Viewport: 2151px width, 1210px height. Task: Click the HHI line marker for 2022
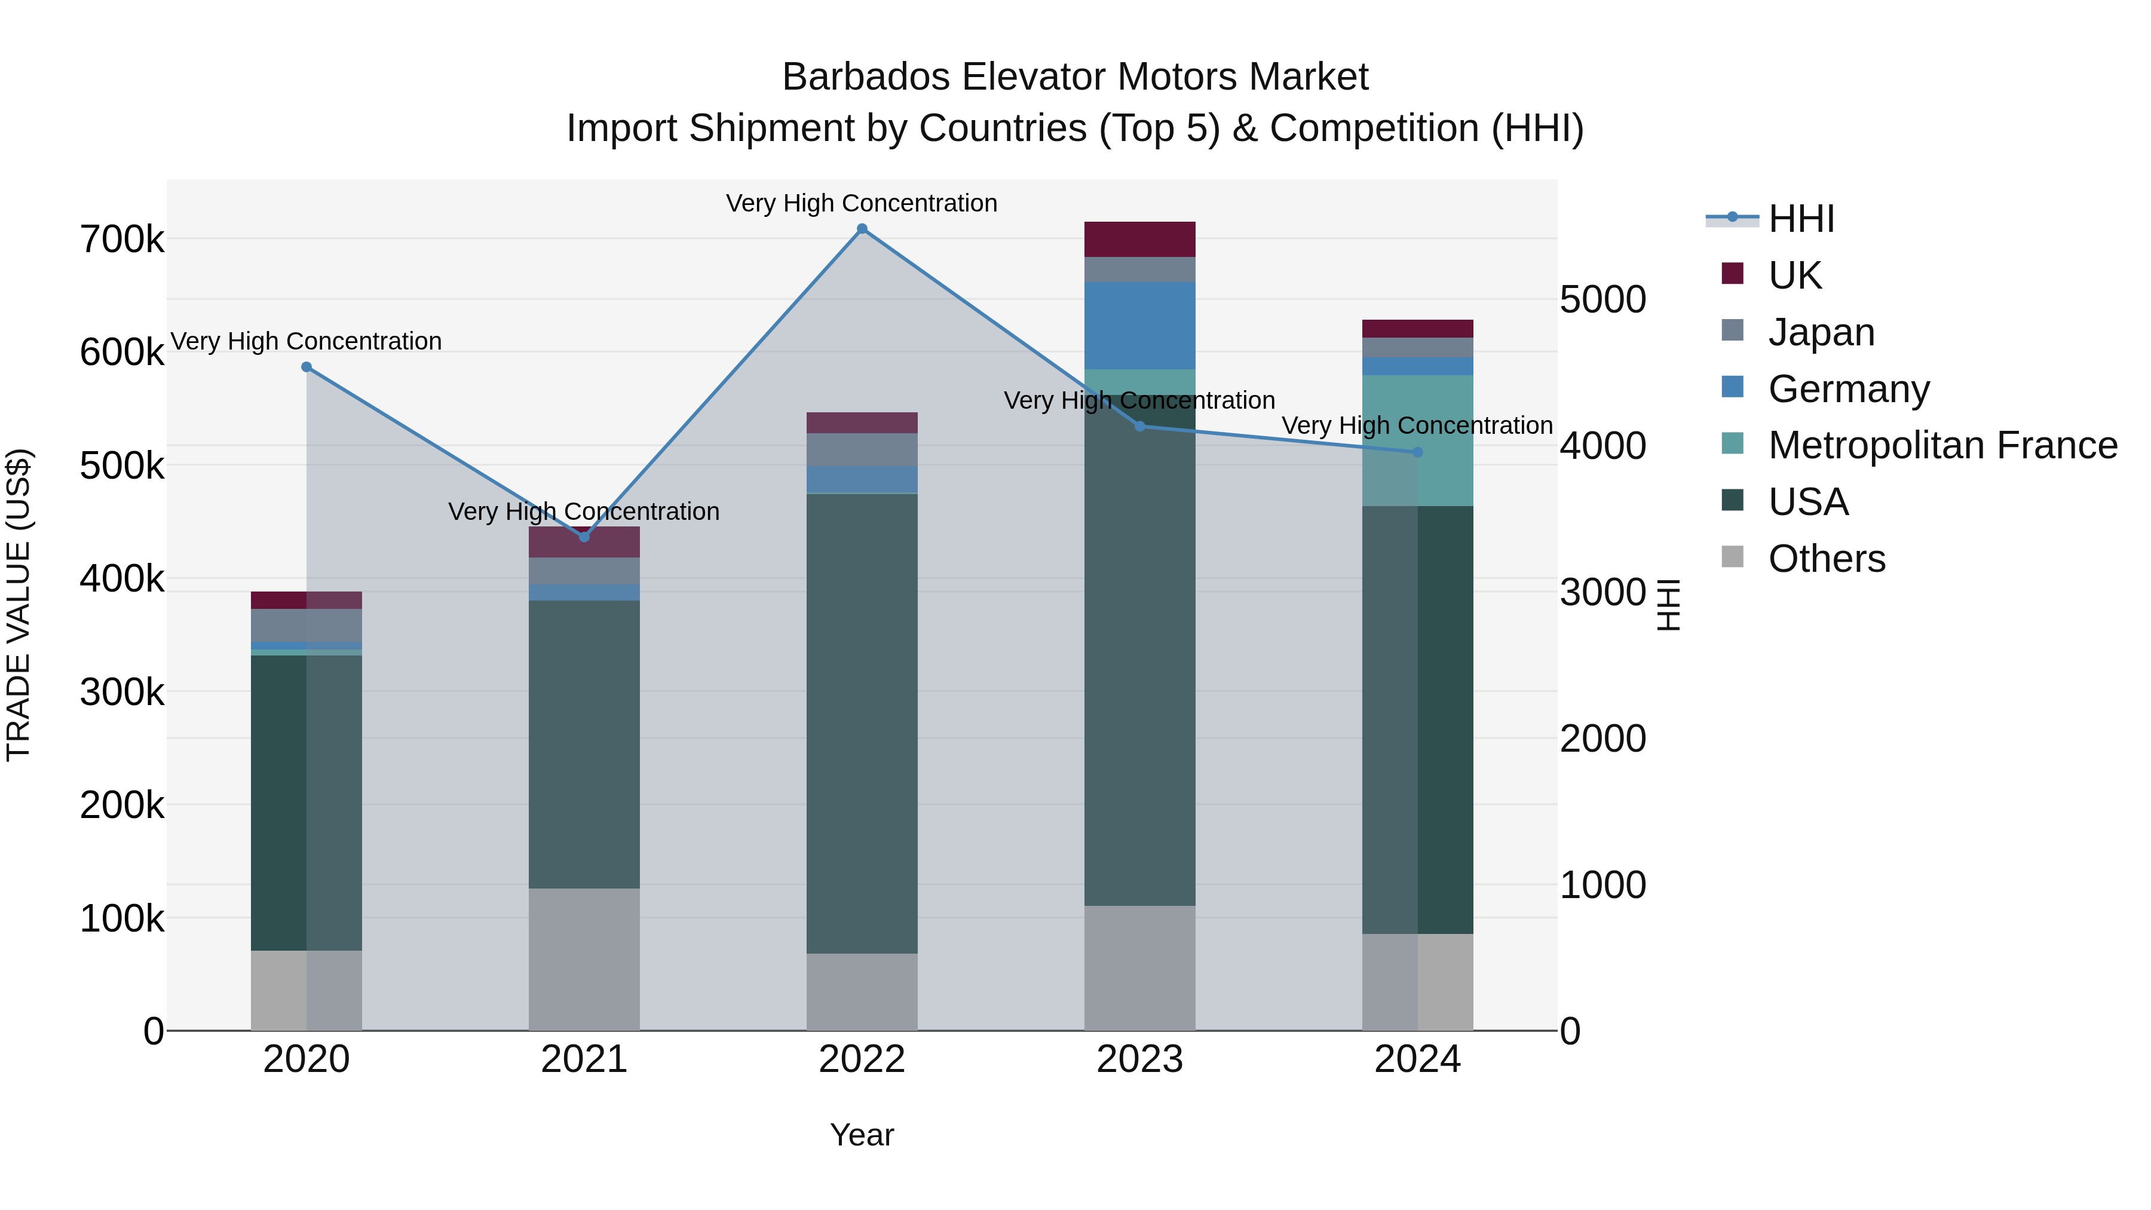(862, 229)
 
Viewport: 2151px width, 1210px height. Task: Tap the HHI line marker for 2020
(307, 367)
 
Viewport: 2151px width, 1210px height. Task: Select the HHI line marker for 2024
(1417, 452)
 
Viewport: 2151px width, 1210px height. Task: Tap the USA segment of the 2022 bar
(862, 723)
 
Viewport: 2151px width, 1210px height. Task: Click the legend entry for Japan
(1821, 332)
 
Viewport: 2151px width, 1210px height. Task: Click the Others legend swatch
(1733, 557)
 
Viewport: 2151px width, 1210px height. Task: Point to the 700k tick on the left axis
(122, 240)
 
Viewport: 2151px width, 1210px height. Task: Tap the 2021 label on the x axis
(584, 1059)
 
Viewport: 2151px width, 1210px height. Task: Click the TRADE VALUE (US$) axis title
(19, 605)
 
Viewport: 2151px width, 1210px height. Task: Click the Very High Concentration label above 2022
(862, 204)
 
